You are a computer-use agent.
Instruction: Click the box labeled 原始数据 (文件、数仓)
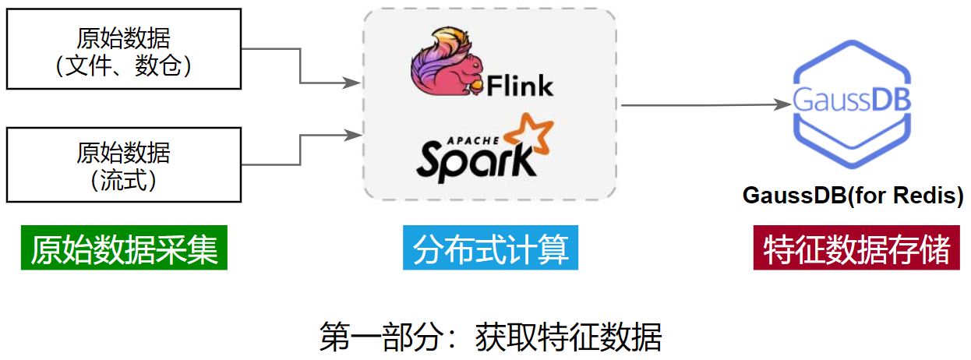[123, 48]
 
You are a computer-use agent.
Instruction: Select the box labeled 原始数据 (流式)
[123, 164]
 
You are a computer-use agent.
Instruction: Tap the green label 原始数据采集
[124, 249]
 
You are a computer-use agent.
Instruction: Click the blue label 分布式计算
[490, 249]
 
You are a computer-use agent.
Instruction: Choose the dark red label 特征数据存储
[856, 249]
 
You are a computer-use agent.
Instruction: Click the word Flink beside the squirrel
[520, 84]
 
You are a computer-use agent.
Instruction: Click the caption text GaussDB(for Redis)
[853, 195]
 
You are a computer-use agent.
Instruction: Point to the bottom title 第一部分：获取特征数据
[490, 337]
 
